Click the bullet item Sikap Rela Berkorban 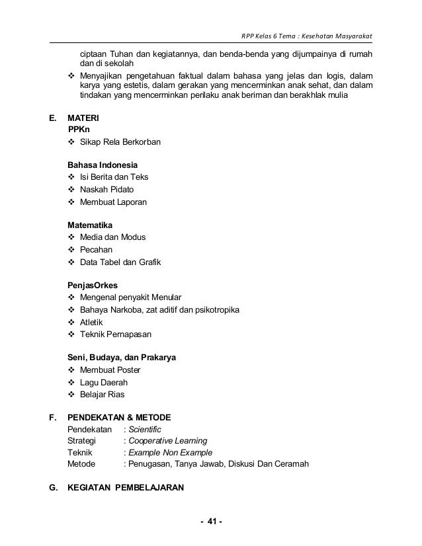(x=120, y=142)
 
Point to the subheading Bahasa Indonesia (x=103, y=165)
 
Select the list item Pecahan (x=96, y=250)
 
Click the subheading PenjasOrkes (x=93, y=285)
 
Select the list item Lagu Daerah (x=103, y=382)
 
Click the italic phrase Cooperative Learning (x=167, y=440)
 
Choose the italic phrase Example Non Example (x=170, y=452)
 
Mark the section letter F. (x=52, y=417)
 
